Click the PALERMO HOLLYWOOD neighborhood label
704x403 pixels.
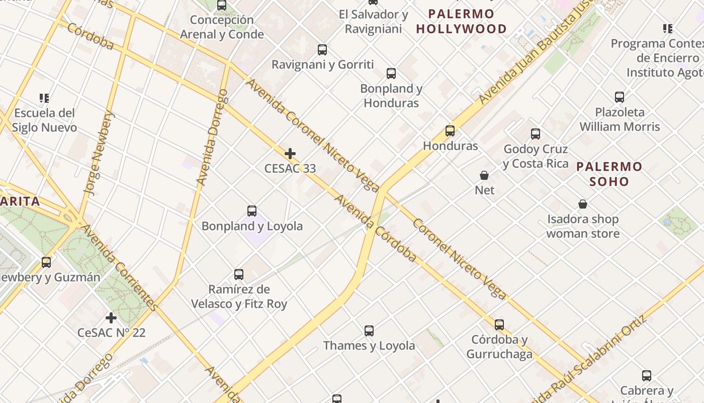(461, 22)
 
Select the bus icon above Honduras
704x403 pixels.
(450, 131)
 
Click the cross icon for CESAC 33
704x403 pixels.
(290, 154)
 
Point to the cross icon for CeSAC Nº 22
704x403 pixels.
(111, 318)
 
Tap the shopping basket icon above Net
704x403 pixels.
(484, 175)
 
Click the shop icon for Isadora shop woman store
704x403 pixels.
(583, 204)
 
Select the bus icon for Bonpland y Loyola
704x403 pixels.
(252, 211)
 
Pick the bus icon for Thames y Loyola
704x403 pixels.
(369, 331)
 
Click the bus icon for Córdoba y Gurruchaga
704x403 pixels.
(499, 325)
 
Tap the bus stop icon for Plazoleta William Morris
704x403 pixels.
(620, 97)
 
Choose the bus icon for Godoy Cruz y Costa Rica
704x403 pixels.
(536, 134)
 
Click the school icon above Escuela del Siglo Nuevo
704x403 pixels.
(44, 98)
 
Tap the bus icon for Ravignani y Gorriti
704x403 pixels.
(322, 50)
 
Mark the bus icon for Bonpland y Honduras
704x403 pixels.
(391, 74)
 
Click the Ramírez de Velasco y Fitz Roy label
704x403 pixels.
(239, 297)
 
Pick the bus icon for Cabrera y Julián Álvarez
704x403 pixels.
(647, 376)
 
